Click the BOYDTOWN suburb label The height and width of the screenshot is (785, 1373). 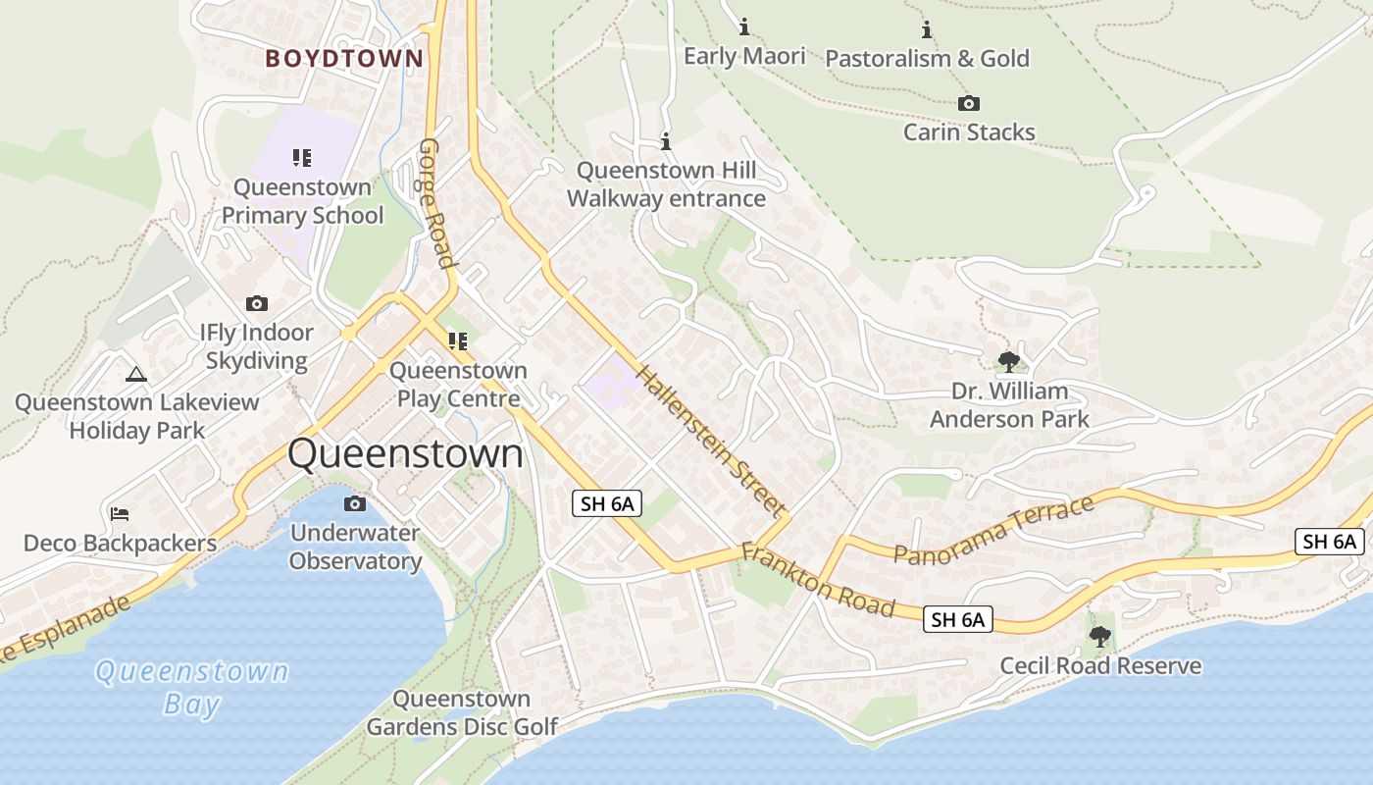pyautogui.click(x=344, y=59)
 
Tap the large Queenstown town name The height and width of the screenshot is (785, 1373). pyautogui.click(x=405, y=454)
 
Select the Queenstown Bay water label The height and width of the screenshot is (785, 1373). pyautogui.click(x=192, y=688)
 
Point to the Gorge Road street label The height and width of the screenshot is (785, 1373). pyautogui.click(x=436, y=203)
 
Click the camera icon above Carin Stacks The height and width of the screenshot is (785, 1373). pyautogui.click(x=968, y=103)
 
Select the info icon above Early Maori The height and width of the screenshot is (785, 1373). pyautogui.click(x=743, y=26)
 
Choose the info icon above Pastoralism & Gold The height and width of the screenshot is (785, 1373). pyautogui.click(x=926, y=29)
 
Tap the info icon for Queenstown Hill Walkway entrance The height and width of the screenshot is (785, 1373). pyautogui.click(x=666, y=141)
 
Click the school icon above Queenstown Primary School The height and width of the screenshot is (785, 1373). pyautogui.click(x=301, y=157)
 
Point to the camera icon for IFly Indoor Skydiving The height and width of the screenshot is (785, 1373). pyautogui.click(x=257, y=304)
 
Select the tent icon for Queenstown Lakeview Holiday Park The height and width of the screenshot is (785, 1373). pyautogui.click(x=135, y=373)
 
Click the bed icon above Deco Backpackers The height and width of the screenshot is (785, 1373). pyautogui.click(x=120, y=514)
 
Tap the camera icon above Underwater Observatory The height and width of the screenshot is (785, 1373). pyautogui.click(x=355, y=504)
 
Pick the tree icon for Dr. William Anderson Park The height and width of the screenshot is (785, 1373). pyautogui.click(x=1008, y=362)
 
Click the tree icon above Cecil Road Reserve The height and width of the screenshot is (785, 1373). pyautogui.click(x=1100, y=637)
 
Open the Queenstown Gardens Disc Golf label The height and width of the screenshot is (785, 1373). pyautogui.click(x=462, y=713)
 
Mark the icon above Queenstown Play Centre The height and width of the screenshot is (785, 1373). pyautogui.click(x=457, y=341)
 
